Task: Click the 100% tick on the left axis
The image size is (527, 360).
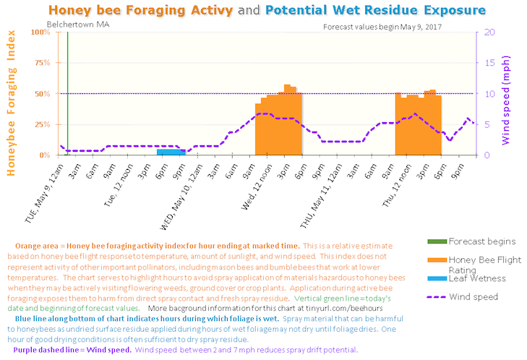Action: (41, 33)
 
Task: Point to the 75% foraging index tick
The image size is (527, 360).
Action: (43, 63)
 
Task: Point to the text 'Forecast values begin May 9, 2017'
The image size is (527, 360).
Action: (382, 26)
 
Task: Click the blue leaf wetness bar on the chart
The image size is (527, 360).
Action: (171, 152)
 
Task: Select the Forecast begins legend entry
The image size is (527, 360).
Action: (481, 241)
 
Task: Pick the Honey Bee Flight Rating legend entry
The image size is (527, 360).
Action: (485, 265)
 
